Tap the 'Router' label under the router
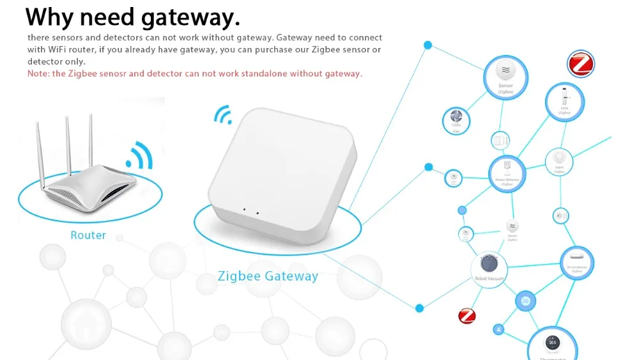(88, 235)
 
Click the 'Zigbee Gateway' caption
(268, 276)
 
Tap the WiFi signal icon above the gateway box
(222, 115)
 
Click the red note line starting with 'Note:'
(194, 74)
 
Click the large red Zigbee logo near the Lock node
(581, 64)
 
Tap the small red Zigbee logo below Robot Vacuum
(467, 315)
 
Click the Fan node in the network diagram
(456, 120)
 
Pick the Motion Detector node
(507, 173)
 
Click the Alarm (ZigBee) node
(559, 162)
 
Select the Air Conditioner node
(577, 262)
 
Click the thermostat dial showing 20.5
(552, 343)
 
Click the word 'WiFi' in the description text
(58, 50)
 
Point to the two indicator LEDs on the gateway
(250, 211)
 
